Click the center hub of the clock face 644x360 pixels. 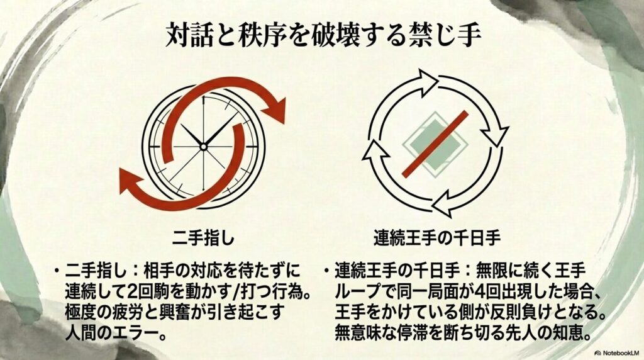pyautogui.click(x=203, y=146)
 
